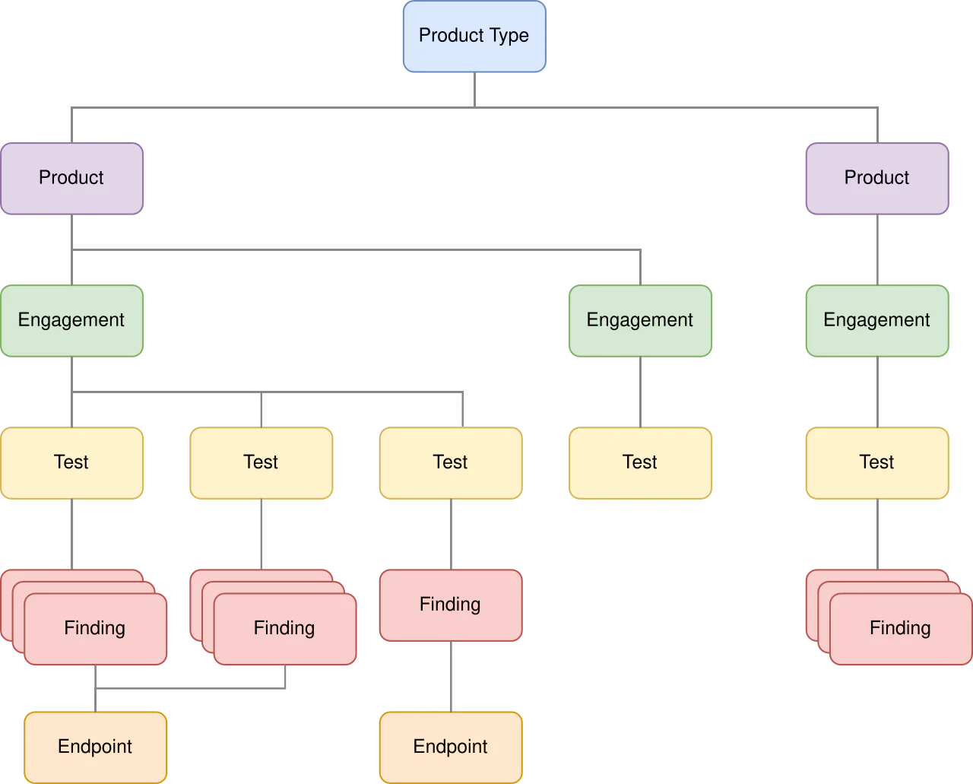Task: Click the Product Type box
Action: [x=474, y=36]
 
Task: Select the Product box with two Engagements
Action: [x=71, y=178]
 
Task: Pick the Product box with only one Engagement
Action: [x=876, y=178]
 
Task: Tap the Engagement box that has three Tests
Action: [x=71, y=320]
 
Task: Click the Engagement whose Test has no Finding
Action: [x=639, y=320]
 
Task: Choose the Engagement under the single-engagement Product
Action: [x=876, y=320]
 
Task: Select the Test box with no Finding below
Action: [x=639, y=462]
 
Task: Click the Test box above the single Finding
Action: [x=450, y=462]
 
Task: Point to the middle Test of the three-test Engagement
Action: [x=261, y=462]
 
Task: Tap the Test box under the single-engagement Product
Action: [x=876, y=462]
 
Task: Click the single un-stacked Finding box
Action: [x=450, y=605]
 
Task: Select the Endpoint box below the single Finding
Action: [x=450, y=747]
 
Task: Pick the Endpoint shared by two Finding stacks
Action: [x=95, y=747]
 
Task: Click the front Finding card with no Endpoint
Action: [x=900, y=629]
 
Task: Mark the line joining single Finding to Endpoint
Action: [x=453, y=677]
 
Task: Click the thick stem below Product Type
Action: [x=474, y=88]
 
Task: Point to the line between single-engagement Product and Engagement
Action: [x=879, y=249]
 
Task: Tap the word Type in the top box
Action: [x=510, y=36]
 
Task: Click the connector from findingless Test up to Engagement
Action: [x=642, y=392]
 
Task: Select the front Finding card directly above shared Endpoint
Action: [x=95, y=629]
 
